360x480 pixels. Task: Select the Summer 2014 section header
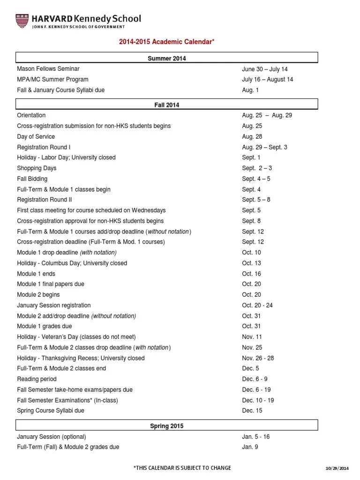coord(167,58)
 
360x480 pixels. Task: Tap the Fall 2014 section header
coord(167,105)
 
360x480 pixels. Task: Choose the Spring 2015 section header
coord(167,426)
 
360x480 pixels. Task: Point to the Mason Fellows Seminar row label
coord(48,69)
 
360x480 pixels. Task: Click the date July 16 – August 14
coord(267,80)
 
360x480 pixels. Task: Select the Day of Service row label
coord(36,136)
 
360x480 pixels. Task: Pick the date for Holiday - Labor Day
coord(251,157)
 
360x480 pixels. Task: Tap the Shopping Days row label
coord(37,168)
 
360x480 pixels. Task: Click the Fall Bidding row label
coord(32,179)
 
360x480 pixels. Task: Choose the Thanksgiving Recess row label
coord(81,358)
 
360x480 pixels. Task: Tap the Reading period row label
coord(37,379)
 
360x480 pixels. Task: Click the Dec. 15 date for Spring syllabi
coord(252,411)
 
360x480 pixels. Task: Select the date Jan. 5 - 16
coord(256,436)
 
